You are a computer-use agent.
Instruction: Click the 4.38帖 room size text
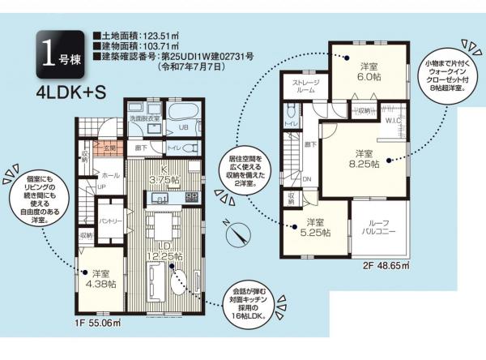[102, 284]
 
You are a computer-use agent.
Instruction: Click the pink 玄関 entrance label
[109, 149]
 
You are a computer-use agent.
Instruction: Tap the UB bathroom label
[183, 127]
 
